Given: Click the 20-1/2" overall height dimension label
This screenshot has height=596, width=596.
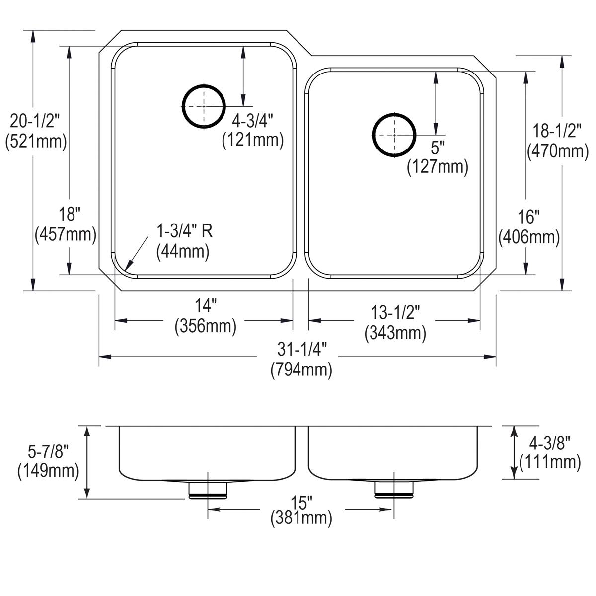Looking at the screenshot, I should click(x=35, y=131).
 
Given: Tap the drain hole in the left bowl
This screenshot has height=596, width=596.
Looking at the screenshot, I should click(x=203, y=106).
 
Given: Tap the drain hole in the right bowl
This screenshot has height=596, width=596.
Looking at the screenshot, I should click(x=393, y=135).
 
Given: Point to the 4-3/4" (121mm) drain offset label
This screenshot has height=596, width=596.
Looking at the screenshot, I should click(x=252, y=130).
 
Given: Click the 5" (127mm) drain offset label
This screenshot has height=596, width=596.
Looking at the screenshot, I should click(x=438, y=158).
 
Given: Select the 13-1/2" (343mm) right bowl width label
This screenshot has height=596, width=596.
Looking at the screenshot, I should click(x=395, y=322).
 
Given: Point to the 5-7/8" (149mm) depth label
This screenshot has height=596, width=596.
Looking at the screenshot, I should click(x=48, y=461).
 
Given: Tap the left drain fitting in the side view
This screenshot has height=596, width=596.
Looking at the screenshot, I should click(x=208, y=489).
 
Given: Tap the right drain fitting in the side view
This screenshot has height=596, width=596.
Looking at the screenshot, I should click(x=393, y=489).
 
